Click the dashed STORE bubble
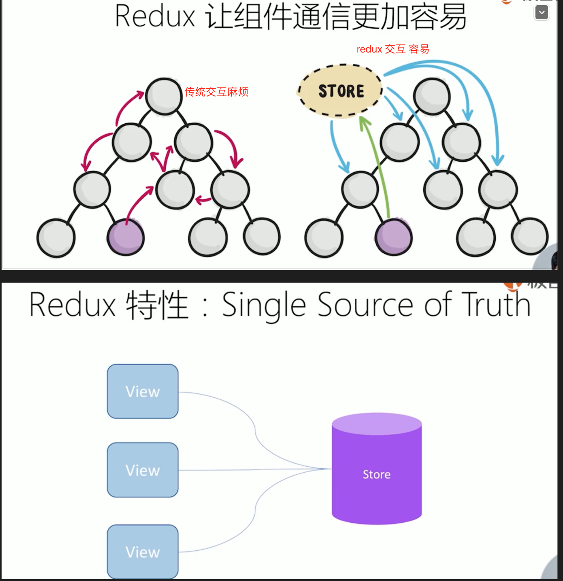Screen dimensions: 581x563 coord(341,91)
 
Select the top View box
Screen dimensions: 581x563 coord(143,391)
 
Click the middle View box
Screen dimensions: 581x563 coord(143,470)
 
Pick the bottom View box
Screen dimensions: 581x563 coord(143,552)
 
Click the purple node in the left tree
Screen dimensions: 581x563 coord(126,238)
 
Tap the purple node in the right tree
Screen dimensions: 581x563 coord(394,238)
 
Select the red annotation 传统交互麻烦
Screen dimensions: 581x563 coord(216,92)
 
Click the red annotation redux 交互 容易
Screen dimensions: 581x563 coord(393,49)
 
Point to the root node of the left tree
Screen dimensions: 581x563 coord(163,96)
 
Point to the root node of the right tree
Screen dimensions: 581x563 coord(432,96)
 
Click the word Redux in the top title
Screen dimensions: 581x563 coord(155,17)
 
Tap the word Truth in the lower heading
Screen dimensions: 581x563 coord(496,305)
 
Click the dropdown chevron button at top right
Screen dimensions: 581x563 coord(542,12)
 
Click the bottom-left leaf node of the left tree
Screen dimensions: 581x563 coord(56,238)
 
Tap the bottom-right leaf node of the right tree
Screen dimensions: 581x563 coord(530,236)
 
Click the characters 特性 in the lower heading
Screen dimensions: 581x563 coord(157,305)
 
